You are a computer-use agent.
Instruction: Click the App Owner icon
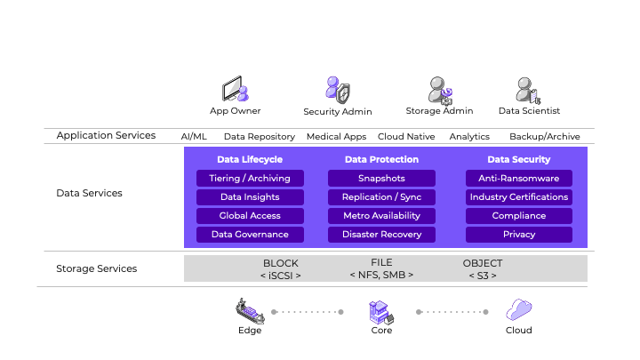(236, 90)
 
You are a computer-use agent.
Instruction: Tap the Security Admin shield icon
(338, 90)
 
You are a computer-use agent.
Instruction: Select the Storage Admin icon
(440, 90)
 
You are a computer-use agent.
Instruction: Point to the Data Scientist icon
(528, 90)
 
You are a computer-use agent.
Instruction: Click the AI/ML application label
(194, 137)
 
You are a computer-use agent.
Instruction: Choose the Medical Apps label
(337, 137)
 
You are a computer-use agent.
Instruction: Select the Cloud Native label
(406, 137)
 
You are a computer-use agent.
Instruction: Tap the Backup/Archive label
(544, 137)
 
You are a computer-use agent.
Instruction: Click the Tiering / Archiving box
(250, 179)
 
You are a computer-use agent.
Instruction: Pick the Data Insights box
(250, 197)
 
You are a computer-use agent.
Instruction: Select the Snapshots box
(381, 179)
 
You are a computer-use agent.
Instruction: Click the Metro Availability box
(381, 216)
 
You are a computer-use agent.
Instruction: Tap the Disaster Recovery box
(381, 235)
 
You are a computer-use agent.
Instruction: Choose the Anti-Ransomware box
(519, 179)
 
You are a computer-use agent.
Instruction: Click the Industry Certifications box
(519, 197)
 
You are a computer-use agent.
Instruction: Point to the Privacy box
(519, 235)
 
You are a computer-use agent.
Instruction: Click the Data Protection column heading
(381, 160)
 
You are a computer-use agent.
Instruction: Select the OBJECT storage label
(483, 264)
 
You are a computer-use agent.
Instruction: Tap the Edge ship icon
(250, 311)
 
